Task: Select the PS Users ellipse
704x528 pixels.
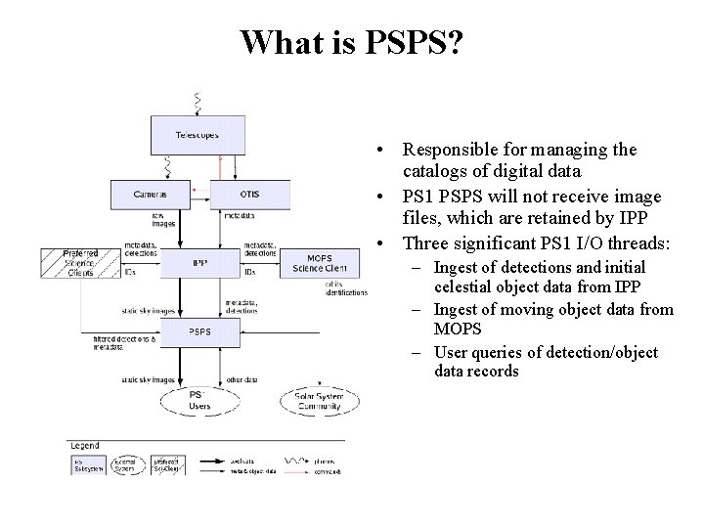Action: click(199, 399)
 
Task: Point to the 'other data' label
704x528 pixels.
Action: click(241, 378)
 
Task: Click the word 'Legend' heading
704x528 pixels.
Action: click(86, 445)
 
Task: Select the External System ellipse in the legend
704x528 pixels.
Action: click(125, 465)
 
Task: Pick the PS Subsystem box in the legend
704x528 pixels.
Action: click(86, 465)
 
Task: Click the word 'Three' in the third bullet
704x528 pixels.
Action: click(427, 242)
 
